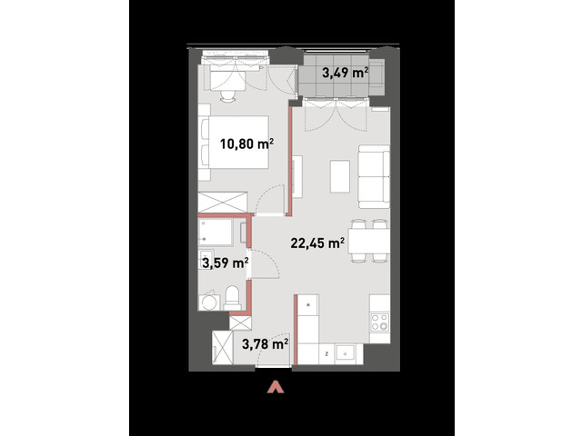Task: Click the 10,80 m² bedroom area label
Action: click(246, 144)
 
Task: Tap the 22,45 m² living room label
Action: click(317, 243)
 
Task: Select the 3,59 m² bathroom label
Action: click(226, 263)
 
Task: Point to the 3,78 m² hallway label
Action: click(266, 344)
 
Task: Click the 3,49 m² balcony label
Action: click(346, 73)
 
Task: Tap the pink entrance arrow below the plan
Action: click(276, 387)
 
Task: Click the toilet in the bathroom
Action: click(233, 298)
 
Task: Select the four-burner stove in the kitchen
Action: click(380, 322)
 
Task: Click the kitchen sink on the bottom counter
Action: click(346, 354)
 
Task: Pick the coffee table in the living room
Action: click(340, 176)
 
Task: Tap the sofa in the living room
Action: click(374, 176)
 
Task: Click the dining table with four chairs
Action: click(369, 241)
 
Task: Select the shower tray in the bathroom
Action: click(216, 233)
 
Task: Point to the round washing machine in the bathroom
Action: click(208, 302)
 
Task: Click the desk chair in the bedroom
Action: click(227, 96)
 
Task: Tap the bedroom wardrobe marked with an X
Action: click(223, 202)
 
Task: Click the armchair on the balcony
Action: click(376, 78)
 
